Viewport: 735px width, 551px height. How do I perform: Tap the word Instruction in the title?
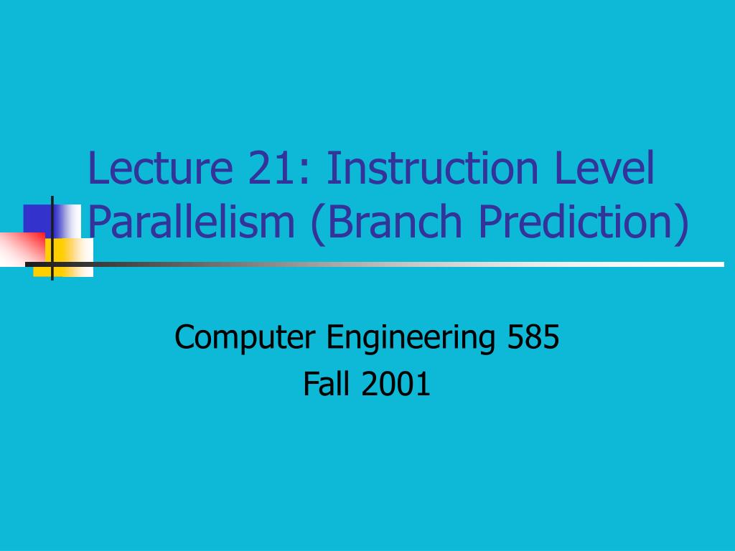(431, 169)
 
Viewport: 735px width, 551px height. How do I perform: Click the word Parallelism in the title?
(192, 222)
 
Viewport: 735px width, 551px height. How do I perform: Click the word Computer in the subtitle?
(246, 338)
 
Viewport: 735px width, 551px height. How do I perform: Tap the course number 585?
(533, 336)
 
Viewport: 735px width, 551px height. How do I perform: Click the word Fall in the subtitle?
(327, 385)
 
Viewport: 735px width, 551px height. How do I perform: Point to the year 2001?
(396, 385)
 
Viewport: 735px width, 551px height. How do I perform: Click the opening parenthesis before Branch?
(317, 224)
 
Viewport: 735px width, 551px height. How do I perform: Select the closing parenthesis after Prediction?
(681, 224)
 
